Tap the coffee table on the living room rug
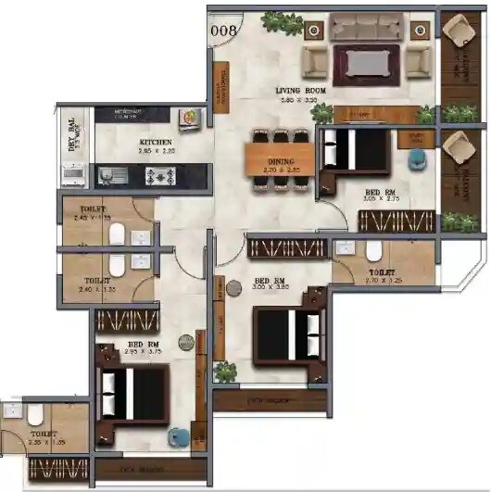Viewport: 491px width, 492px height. pyautogui.click(x=367, y=63)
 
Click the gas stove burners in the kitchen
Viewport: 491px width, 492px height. pyautogui.click(x=153, y=173)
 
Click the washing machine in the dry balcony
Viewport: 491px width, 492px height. pyautogui.click(x=72, y=174)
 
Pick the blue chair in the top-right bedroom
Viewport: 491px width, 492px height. pyautogui.click(x=416, y=158)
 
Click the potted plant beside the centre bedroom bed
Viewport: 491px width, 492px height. pyautogui.click(x=225, y=372)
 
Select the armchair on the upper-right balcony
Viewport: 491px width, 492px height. pyautogui.click(x=458, y=35)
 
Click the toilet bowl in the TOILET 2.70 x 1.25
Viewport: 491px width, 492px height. pyautogui.click(x=374, y=251)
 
